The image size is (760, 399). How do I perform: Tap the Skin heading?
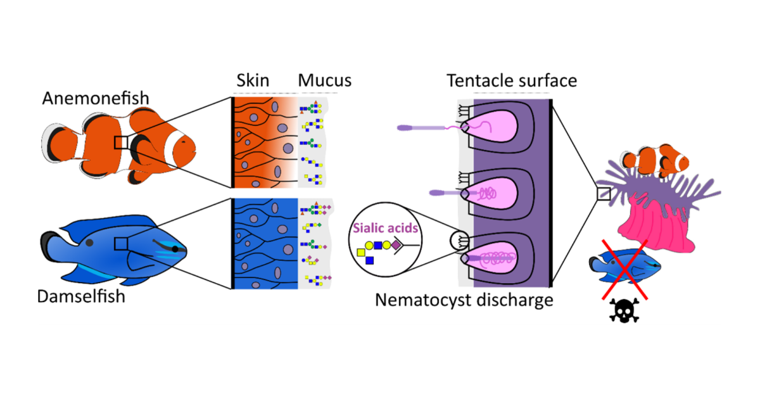pyautogui.click(x=253, y=80)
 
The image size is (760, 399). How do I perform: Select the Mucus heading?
pyautogui.click(x=324, y=80)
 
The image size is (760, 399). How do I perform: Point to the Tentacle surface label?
pyautogui.click(x=510, y=80)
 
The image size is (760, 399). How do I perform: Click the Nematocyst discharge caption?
pyautogui.click(x=464, y=300)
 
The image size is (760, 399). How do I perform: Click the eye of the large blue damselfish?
pyautogui.click(x=175, y=249)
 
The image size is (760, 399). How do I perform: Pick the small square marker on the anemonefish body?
pyautogui.click(x=122, y=142)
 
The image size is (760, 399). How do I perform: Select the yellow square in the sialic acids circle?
pyautogui.click(x=362, y=253)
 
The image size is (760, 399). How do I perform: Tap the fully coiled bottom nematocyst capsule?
pyautogui.click(x=494, y=259)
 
